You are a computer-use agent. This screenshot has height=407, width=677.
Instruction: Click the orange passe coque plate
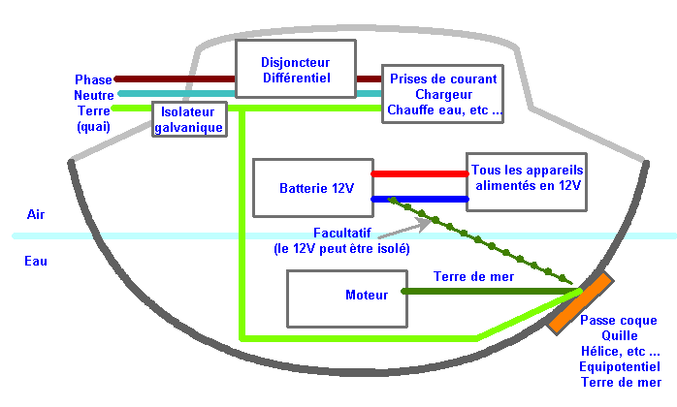click(581, 303)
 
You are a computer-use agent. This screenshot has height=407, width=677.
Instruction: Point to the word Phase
click(93, 79)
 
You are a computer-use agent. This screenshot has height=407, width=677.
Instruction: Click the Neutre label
click(94, 95)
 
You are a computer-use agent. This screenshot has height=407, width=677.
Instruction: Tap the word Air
click(36, 214)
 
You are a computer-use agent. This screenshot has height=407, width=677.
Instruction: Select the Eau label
click(36, 261)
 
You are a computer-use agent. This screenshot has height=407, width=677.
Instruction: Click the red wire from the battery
click(420, 173)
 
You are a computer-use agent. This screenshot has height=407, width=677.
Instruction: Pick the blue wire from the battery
click(420, 199)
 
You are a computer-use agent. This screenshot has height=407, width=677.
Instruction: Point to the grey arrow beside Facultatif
click(404, 229)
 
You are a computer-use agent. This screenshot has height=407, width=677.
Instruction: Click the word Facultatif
click(342, 234)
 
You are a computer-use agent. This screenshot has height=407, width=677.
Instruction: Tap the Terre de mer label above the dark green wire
click(473, 276)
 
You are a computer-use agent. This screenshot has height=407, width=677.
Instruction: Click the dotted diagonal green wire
click(481, 241)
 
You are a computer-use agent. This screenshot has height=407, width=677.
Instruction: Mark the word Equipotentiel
click(620, 367)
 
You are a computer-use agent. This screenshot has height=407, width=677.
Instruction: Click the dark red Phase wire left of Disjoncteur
click(175, 79)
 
